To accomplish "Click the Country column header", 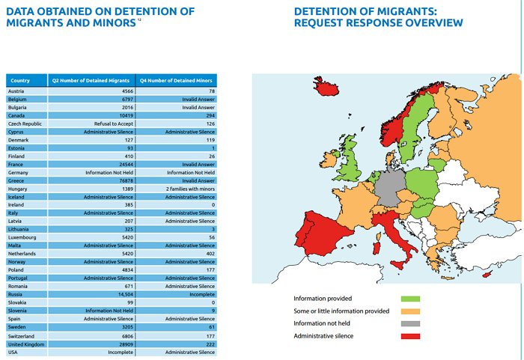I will pos(20,79).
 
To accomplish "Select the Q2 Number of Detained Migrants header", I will pos(91,79).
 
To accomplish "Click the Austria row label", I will pos(16,91).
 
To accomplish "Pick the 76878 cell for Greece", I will pos(123,180).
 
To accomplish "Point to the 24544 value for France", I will pos(123,164).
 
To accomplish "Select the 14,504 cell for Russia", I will pos(123,294).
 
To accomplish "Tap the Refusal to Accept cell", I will pos(112,123).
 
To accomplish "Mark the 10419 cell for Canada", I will pos(123,115).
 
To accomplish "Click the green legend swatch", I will pos(410,298).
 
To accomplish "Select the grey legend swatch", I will pos(410,323).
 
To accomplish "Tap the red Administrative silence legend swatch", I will pos(410,336).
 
